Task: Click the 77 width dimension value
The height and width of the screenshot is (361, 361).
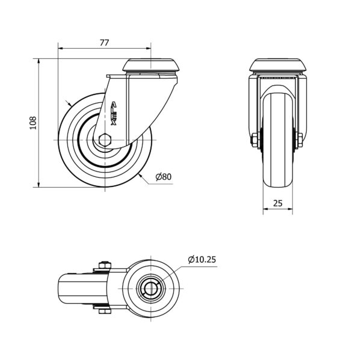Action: [x=104, y=43]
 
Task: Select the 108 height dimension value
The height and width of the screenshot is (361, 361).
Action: [x=33, y=123]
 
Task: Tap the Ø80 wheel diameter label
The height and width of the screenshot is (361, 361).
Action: [x=164, y=177]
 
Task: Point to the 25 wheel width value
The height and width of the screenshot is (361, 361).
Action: [x=277, y=203]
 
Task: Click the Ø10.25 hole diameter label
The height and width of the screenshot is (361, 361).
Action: [x=202, y=259]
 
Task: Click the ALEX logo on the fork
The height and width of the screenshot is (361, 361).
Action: [x=114, y=113]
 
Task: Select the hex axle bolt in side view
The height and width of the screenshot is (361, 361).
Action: [x=105, y=140]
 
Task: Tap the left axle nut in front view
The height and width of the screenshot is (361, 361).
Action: [x=254, y=140]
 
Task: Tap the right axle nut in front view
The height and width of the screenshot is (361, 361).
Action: [x=300, y=140]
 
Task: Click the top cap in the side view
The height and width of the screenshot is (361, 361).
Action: [x=151, y=65]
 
